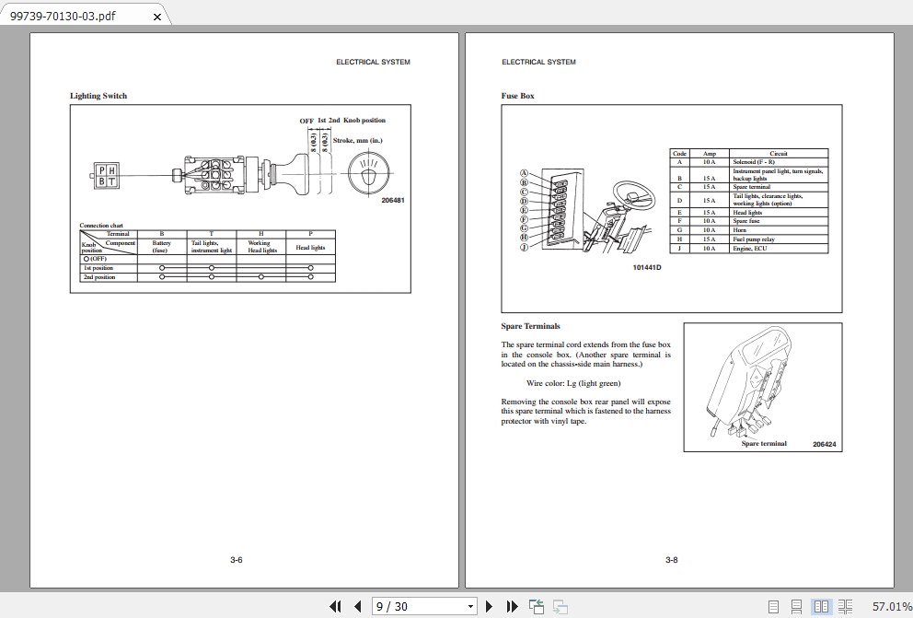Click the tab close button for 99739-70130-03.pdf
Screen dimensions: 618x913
pos(156,17)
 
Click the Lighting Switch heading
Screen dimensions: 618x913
pos(98,96)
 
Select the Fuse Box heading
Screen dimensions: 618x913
pos(517,96)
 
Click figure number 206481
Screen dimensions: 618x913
pos(393,200)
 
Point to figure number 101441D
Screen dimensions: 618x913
pos(647,267)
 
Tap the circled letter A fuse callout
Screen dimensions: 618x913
pos(524,173)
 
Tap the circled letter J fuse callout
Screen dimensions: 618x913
pos(524,247)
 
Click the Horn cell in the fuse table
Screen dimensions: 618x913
pos(740,230)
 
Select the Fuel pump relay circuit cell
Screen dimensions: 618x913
pos(753,239)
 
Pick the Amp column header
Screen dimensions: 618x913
pos(709,154)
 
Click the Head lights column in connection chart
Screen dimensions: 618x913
pos(310,248)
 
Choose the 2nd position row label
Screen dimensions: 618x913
pos(99,277)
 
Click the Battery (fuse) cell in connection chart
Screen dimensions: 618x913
pos(161,247)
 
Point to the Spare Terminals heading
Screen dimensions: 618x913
pos(530,326)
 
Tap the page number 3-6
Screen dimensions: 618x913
pos(237,560)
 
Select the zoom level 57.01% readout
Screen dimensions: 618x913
pos(886,606)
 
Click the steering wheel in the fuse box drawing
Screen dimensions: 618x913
pos(634,191)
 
